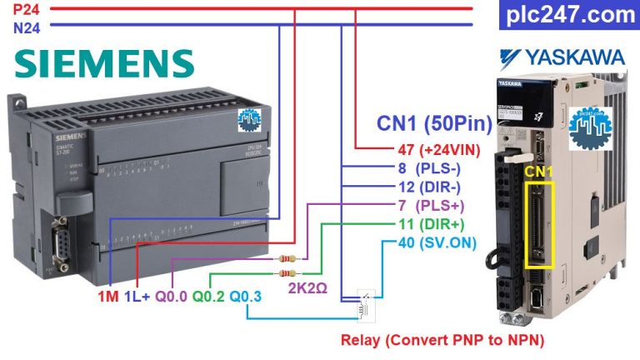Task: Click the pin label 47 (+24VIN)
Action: tap(431, 150)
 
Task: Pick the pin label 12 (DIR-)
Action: tap(427, 187)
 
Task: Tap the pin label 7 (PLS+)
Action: tap(425, 205)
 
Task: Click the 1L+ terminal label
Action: tap(137, 295)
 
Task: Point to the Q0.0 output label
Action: tap(172, 295)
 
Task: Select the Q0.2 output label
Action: tap(208, 295)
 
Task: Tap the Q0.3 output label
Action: tap(246, 295)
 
